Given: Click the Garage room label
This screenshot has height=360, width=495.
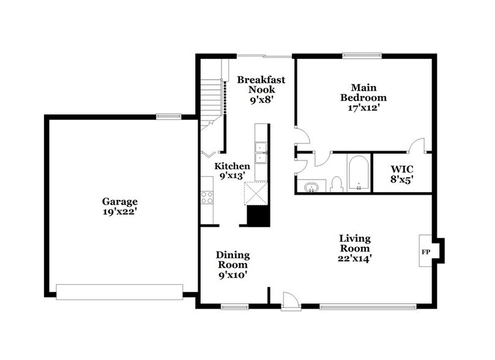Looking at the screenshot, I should (x=120, y=201).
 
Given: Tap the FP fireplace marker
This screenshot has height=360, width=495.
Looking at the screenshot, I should (x=426, y=252).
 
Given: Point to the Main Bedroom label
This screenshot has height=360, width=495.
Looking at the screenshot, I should (x=363, y=92).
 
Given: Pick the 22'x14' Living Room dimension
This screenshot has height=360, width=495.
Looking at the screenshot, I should (x=355, y=258).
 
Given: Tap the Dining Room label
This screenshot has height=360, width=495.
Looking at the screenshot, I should (x=233, y=260).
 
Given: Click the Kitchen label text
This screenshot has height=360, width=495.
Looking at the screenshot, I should (x=231, y=166).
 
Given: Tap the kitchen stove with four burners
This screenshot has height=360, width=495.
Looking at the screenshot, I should (x=207, y=197).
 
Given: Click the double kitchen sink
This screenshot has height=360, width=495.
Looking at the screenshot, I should (x=261, y=152).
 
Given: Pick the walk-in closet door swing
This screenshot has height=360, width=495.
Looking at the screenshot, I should (x=417, y=145).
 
